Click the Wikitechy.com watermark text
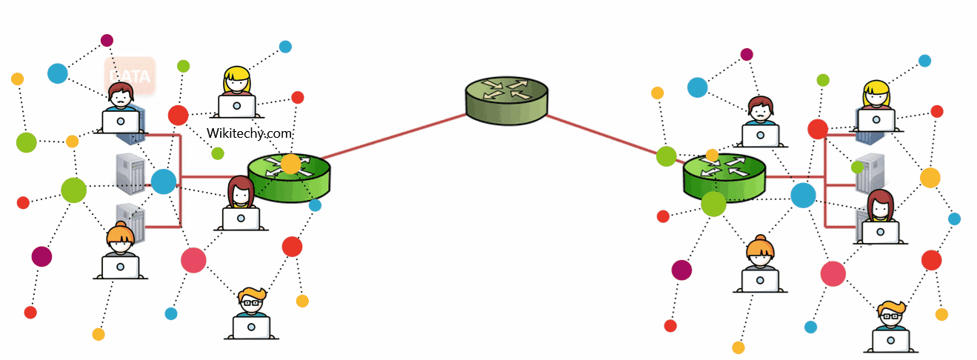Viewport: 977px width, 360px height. tap(250, 133)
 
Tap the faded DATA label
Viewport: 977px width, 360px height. tap(130, 76)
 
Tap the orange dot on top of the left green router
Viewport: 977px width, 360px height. tap(291, 164)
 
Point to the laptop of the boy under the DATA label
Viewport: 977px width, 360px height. tap(121, 121)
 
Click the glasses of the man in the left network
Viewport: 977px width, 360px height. tap(251, 302)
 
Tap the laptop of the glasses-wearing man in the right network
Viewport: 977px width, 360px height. tap(890, 340)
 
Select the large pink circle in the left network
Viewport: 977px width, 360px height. tap(193, 260)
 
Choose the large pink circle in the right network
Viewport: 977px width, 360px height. tap(833, 273)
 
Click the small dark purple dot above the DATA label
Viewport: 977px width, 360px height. tap(107, 40)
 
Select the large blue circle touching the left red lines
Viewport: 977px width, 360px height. tap(164, 181)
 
